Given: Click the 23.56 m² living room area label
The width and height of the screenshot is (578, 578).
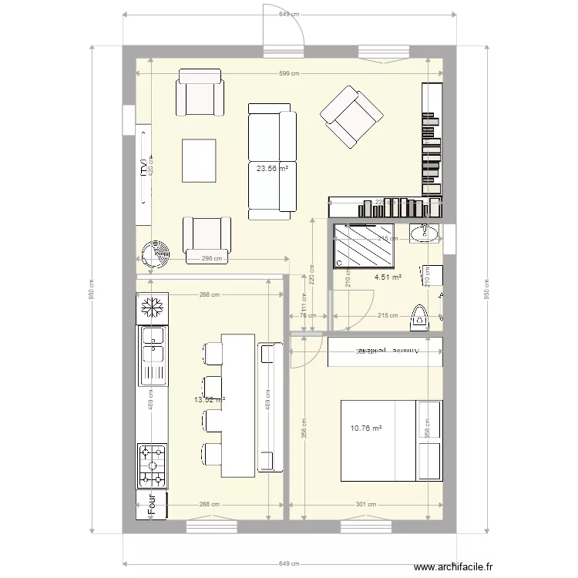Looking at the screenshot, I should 272,169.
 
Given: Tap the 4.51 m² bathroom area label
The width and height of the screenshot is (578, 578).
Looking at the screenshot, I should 388,277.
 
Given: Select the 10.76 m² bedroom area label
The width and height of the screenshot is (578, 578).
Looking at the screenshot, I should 366,428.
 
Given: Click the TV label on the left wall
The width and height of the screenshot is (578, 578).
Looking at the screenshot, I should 144,167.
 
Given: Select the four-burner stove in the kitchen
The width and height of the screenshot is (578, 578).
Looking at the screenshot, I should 152,465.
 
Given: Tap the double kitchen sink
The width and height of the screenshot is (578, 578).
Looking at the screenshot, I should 152,355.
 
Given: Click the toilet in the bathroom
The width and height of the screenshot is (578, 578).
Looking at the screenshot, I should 420,317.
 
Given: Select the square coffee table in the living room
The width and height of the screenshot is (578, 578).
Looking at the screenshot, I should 200,160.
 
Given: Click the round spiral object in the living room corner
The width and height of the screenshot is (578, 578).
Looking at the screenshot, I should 157,252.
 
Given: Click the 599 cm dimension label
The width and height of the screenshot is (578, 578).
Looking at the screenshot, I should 289,73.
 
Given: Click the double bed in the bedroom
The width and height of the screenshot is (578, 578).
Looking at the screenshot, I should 391,440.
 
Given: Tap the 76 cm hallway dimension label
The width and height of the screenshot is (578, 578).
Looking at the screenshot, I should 302,315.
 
